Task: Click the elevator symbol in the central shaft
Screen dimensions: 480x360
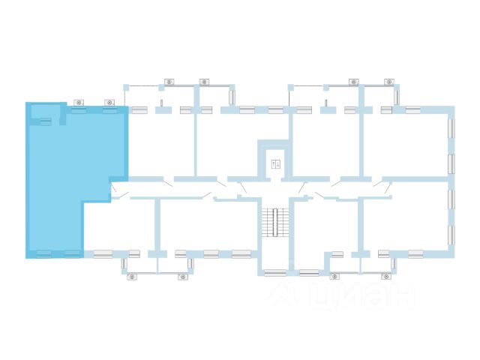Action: coord(275,163)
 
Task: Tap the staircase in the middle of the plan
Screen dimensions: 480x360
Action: coord(275,222)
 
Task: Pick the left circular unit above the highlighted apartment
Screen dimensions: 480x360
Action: coord(79,102)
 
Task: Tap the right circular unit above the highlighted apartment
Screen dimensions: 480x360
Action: coord(109,102)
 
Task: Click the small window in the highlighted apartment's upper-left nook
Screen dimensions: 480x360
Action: coord(46,121)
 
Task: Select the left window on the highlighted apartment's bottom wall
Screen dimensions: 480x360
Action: coord(44,253)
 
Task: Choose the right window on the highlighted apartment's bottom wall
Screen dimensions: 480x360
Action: coord(72,253)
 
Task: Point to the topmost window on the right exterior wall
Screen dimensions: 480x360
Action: coord(451,128)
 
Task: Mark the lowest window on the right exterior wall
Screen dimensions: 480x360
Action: coord(451,235)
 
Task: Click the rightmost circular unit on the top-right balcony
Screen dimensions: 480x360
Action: coord(388,82)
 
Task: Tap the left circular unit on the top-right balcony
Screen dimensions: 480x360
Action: coord(353,82)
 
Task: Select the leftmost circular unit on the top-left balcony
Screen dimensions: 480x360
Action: coord(169,82)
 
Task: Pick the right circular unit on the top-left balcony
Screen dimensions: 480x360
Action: coord(204,82)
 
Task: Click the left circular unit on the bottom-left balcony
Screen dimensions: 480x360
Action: coord(132,277)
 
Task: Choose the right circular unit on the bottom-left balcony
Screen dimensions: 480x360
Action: coord(182,277)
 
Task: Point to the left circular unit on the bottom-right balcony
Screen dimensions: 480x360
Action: coord(334,277)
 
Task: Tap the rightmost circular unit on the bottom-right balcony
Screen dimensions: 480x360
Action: coord(387,277)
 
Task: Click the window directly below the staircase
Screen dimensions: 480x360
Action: coord(274,273)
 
